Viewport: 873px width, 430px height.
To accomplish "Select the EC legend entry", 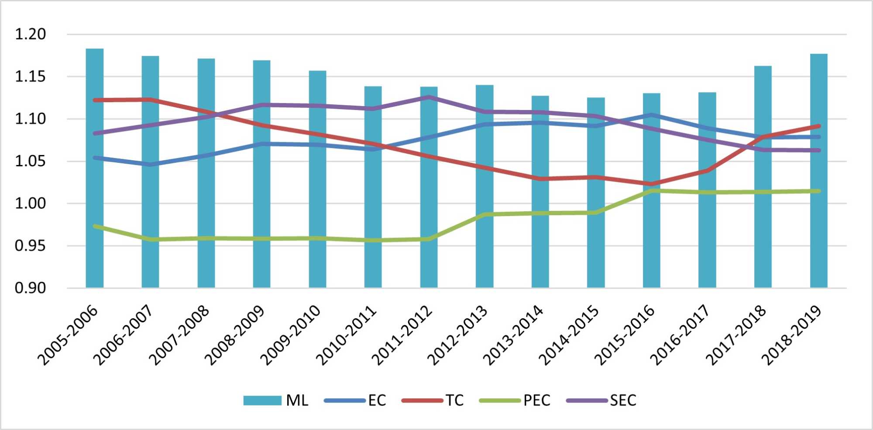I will pos(355,400).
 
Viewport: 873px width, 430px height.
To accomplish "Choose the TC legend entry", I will pos(433,400).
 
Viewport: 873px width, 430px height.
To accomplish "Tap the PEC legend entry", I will pos(515,400).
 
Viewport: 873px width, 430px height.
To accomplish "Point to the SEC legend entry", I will pos(601,400).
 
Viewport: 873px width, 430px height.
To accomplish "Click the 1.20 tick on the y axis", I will pos(31,34).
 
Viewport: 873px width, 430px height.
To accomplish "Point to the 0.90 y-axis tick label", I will pos(31,288).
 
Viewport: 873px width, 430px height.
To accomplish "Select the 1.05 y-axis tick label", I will pos(31,161).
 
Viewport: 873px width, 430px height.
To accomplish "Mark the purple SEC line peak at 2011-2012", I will pos(429,97).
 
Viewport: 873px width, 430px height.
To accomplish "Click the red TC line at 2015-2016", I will pos(652,184).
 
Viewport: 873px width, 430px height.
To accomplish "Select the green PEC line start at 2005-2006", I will pos(95,226).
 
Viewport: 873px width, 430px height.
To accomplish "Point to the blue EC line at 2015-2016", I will pos(652,115).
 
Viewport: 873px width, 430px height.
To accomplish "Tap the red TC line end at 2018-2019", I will pos(818,126).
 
